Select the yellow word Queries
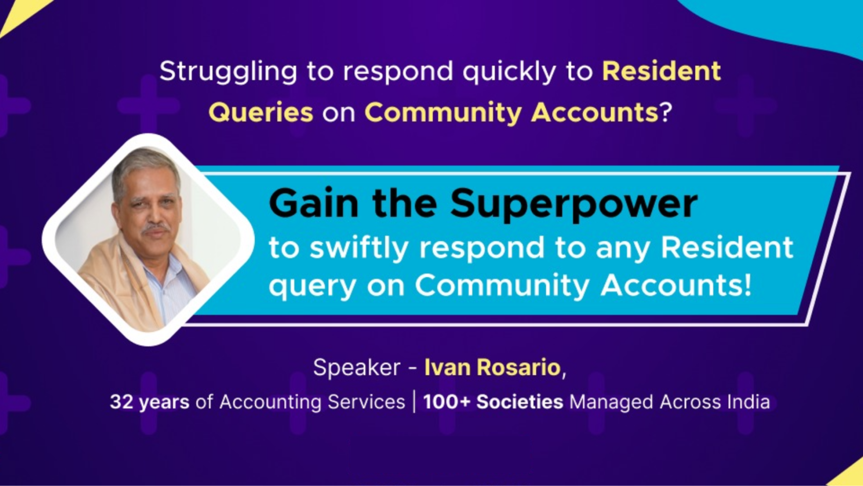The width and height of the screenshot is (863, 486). coord(260,112)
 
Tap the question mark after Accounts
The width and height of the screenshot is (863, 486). coord(666,112)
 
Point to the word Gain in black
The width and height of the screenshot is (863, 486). coord(313,203)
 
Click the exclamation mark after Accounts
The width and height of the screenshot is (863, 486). coord(746,285)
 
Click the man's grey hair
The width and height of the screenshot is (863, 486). coord(144,164)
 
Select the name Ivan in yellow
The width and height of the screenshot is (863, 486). coord(447,367)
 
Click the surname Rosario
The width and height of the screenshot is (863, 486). coord(518,367)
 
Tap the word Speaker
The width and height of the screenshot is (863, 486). coord(356,367)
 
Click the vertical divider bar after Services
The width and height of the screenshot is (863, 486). coord(414,401)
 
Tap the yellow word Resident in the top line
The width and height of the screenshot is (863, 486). coord(661,71)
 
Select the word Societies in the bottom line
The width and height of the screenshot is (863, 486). coord(519,402)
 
